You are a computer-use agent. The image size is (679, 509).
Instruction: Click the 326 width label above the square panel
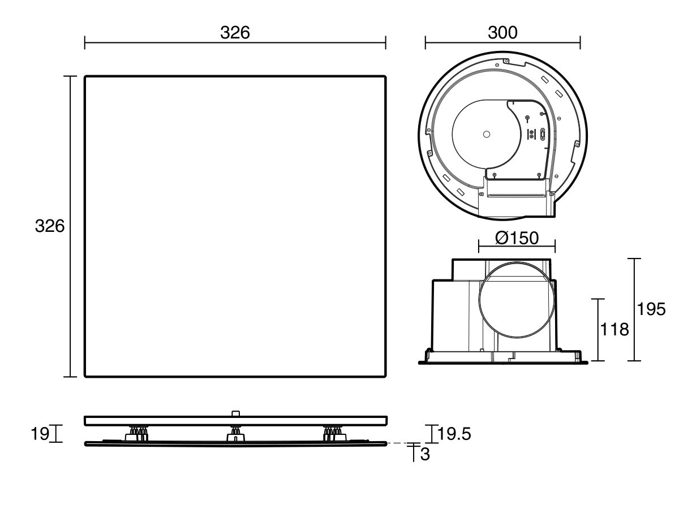[x=235, y=33]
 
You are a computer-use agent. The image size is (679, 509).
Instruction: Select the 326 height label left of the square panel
[x=50, y=226]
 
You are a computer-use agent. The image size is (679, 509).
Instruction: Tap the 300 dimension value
[x=502, y=33]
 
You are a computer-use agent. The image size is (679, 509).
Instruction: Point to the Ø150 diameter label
[x=517, y=238]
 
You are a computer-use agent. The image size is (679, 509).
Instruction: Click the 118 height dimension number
[x=614, y=329]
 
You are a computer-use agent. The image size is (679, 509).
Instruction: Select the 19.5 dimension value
[x=455, y=434]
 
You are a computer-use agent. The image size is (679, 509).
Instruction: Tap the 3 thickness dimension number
[x=425, y=454]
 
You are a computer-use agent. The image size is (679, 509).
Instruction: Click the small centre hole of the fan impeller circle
[x=486, y=134]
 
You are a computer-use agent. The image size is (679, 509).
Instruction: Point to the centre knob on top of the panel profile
[x=235, y=412]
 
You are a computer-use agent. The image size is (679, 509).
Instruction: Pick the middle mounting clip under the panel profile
[x=235, y=435]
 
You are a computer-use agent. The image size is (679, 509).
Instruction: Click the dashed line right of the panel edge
[x=401, y=443]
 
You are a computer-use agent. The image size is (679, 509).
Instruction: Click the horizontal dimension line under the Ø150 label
[x=517, y=247]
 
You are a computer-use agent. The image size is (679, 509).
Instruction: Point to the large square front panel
[x=235, y=226]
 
